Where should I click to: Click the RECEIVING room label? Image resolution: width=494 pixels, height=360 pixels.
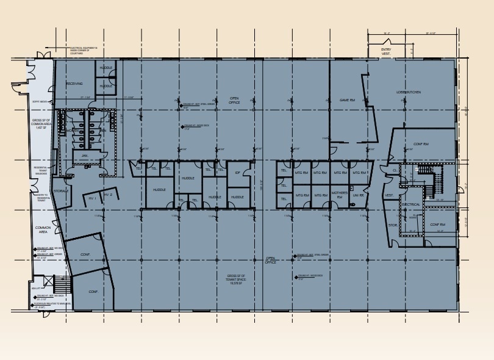point(74,84)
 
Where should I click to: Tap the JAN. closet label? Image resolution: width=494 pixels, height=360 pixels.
point(85,156)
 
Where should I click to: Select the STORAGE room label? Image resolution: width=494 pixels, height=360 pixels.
point(60,191)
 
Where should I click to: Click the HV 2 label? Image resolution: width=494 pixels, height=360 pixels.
point(108,195)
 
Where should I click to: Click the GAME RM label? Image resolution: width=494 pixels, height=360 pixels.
point(348,100)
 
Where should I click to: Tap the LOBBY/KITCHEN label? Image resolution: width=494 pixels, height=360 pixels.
point(408,92)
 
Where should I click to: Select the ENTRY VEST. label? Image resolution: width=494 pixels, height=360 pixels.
point(386,51)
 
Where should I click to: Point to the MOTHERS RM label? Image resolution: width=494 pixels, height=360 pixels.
point(339,195)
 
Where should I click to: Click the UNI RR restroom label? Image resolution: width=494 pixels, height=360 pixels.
point(359,195)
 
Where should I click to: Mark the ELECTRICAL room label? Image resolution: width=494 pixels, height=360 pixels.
point(410,204)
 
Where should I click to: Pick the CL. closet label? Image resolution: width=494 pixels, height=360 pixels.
point(395,170)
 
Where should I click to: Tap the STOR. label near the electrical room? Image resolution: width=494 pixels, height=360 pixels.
point(393,225)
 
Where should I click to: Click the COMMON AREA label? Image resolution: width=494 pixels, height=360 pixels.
point(43,229)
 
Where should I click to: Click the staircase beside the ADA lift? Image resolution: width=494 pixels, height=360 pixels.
point(62,285)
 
